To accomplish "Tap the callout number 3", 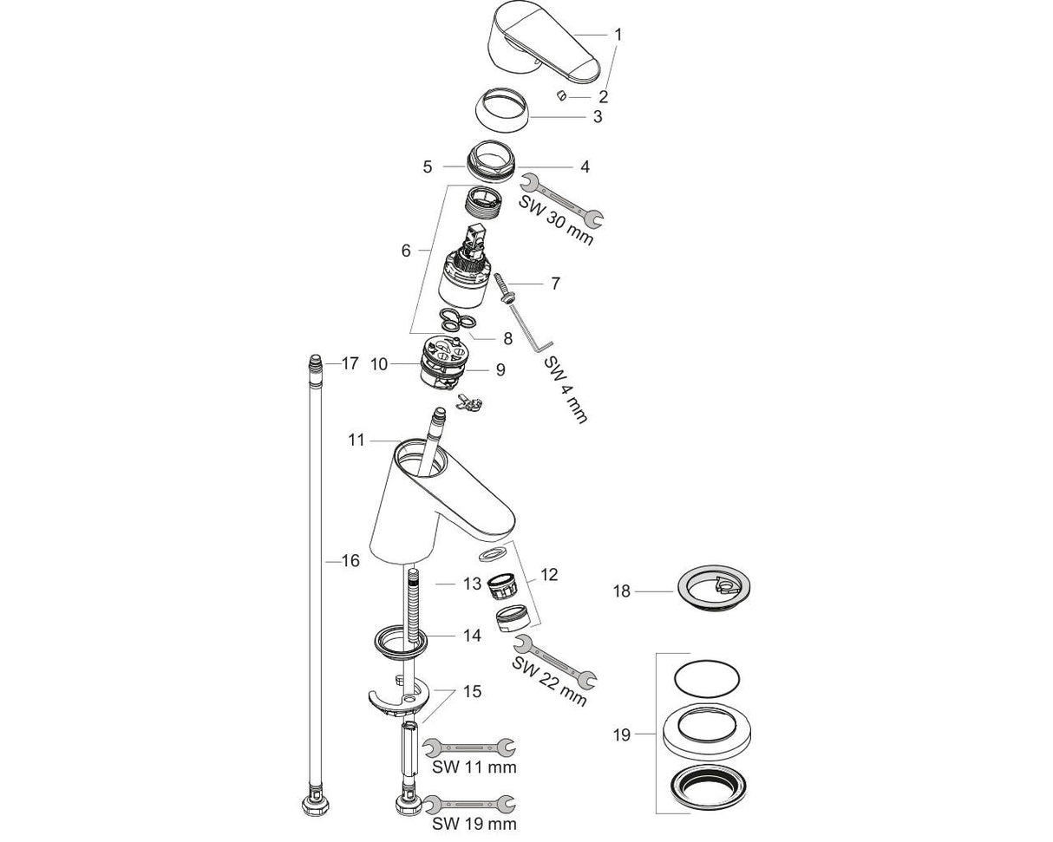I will click(598, 116).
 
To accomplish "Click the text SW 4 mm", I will click(566, 388).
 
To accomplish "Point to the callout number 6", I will click(406, 251).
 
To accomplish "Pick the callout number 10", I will click(379, 364).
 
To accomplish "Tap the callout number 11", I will click(356, 441).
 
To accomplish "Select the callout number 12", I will click(548, 575).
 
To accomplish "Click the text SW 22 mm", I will click(548, 682).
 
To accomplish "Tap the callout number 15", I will click(472, 692).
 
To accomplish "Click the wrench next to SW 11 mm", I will click(468, 745).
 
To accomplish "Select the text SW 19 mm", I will click(474, 823).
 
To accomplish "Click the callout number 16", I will click(350, 561).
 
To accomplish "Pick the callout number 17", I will click(350, 364).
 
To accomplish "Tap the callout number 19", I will click(621, 735).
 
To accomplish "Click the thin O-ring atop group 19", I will click(707, 678).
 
